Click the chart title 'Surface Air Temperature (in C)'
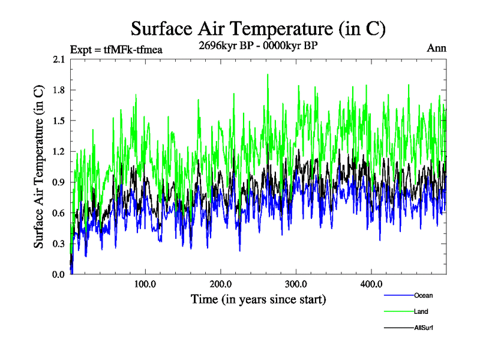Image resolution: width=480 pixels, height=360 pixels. (x=257, y=28)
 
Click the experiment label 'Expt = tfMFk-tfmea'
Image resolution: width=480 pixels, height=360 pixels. (x=116, y=50)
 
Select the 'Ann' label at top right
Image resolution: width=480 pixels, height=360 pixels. (x=436, y=48)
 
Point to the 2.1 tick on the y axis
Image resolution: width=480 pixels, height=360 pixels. (x=59, y=59)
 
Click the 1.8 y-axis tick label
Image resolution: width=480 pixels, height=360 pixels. (x=59, y=90)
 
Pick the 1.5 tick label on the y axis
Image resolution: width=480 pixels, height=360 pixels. (x=59, y=121)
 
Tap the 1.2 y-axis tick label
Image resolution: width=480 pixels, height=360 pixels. (x=59, y=151)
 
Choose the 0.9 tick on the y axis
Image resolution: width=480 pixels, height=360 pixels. (x=59, y=182)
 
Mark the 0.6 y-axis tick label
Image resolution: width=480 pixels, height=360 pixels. (x=59, y=213)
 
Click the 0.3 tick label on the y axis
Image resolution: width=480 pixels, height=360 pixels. (x=59, y=244)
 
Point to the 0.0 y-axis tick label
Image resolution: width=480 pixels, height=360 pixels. (x=59, y=274)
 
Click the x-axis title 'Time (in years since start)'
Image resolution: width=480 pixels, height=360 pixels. (x=258, y=299)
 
